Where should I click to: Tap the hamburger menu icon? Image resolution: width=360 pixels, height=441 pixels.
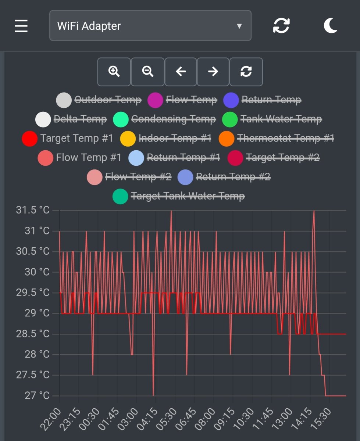pyautogui.click(x=21, y=26)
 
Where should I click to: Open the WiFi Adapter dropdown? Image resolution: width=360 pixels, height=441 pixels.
pyautogui.click(x=150, y=26)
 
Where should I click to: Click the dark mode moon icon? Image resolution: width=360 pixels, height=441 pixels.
pyautogui.click(x=330, y=26)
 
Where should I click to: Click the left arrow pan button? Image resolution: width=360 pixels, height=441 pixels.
pyautogui.click(x=181, y=71)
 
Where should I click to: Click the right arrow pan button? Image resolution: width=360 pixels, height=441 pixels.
pyautogui.click(x=213, y=71)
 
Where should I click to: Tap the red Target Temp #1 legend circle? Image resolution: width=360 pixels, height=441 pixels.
pyautogui.click(x=30, y=139)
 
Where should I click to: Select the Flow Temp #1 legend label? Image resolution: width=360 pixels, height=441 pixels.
pyautogui.click(x=89, y=158)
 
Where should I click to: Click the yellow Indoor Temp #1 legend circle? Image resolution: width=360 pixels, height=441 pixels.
pyautogui.click(x=128, y=139)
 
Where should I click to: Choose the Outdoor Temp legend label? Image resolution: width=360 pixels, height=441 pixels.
pyautogui.click(x=108, y=100)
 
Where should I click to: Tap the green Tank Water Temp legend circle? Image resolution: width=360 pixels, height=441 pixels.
pyautogui.click(x=230, y=119)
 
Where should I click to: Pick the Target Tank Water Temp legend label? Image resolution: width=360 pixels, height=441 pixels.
pyautogui.click(x=188, y=196)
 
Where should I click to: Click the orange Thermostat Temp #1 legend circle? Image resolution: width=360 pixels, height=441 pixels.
pyautogui.click(x=227, y=139)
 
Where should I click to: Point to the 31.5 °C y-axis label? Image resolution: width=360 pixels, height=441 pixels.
pyautogui.click(x=32, y=210)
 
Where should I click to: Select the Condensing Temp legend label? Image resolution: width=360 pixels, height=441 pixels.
pyautogui.click(x=173, y=119)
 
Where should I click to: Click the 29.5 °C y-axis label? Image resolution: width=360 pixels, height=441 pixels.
pyautogui.click(x=32, y=293)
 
